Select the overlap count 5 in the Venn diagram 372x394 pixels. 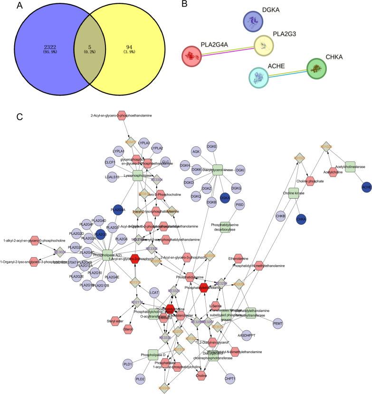point(104,47)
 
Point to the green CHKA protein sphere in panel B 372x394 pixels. point(316,68)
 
